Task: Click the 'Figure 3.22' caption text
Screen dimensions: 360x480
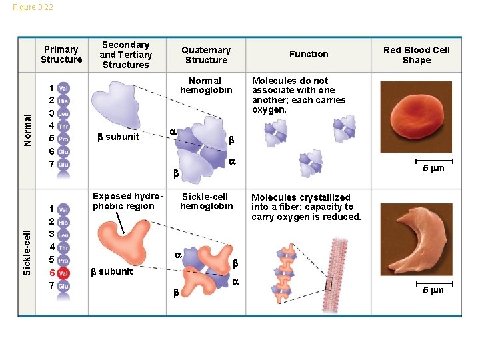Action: click(x=33, y=7)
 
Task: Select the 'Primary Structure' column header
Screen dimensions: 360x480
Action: click(x=61, y=54)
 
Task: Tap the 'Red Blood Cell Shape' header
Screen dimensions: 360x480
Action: click(x=417, y=55)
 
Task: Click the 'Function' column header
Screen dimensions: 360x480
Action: click(x=309, y=54)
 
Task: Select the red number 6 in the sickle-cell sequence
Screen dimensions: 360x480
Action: click(x=51, y=273)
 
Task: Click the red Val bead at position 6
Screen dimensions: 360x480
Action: click(x=63, y=273)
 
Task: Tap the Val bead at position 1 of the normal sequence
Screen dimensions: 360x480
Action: click(x=63, y=88)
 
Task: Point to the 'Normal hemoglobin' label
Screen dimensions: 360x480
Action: click(x=206, y=85)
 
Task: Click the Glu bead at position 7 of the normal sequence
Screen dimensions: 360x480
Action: click(x=63, y=165)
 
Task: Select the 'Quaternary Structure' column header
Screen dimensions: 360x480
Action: click(x=206, y=55)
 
